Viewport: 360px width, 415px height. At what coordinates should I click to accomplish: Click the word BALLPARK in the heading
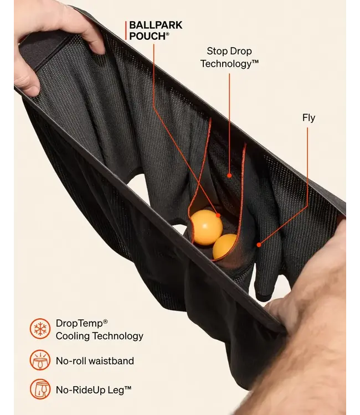coord(156,25)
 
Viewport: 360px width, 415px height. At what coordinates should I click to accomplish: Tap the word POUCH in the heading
coord(147,37)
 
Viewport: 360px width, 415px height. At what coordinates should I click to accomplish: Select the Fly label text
coord(309,118)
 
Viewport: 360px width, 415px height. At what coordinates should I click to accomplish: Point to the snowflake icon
coord(40,329)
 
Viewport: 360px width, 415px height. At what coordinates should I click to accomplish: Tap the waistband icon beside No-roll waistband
coord(40,360)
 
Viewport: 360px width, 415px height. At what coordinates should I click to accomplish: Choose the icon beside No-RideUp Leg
coord(40,389)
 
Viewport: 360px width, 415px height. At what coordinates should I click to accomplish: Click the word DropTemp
coord(79,324)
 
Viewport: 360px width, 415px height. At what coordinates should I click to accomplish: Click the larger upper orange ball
coord(207,227)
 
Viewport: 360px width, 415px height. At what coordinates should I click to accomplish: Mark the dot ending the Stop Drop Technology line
coord(229,175)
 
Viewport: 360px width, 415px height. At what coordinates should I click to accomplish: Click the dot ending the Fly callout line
coord(259,245)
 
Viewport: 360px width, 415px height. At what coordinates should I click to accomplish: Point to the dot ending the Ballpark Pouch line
coord(218,215)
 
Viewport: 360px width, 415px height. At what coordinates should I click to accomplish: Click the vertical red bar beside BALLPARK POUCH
coord(126,30)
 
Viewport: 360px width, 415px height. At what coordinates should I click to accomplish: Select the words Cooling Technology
coord(100,336)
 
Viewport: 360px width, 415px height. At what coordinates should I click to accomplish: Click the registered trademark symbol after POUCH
coord(167,34)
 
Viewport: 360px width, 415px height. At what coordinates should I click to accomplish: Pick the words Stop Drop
coord(229,51)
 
